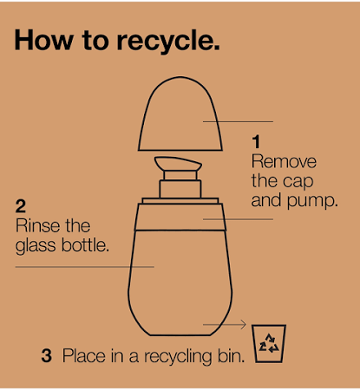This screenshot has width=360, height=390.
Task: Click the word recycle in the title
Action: coord(168,41)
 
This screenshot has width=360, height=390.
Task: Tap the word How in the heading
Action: coord(43,40)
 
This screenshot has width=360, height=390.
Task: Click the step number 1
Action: coord(256,142)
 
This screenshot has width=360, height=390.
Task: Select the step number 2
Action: coord(21,206)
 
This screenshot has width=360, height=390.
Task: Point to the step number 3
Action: coord(47,355)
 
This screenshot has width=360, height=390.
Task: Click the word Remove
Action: coord(284,161)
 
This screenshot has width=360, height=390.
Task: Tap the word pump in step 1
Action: coord(312,201)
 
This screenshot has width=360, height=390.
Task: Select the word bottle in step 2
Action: coord(85,245)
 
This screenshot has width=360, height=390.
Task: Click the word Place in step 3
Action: coord(84,355)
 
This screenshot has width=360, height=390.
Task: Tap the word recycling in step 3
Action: coord(179,357)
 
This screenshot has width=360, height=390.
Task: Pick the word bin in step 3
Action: coord(232,355)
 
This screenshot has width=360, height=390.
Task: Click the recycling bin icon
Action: coord(269,343)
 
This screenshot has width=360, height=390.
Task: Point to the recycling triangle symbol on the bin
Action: coord(269,343)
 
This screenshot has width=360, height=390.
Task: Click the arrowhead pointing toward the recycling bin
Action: coord(243,325)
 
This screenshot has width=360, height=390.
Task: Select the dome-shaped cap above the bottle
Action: coord(180,114)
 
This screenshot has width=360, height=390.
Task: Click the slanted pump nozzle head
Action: coord(178,164)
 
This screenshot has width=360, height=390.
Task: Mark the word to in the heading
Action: coord(95,41)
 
